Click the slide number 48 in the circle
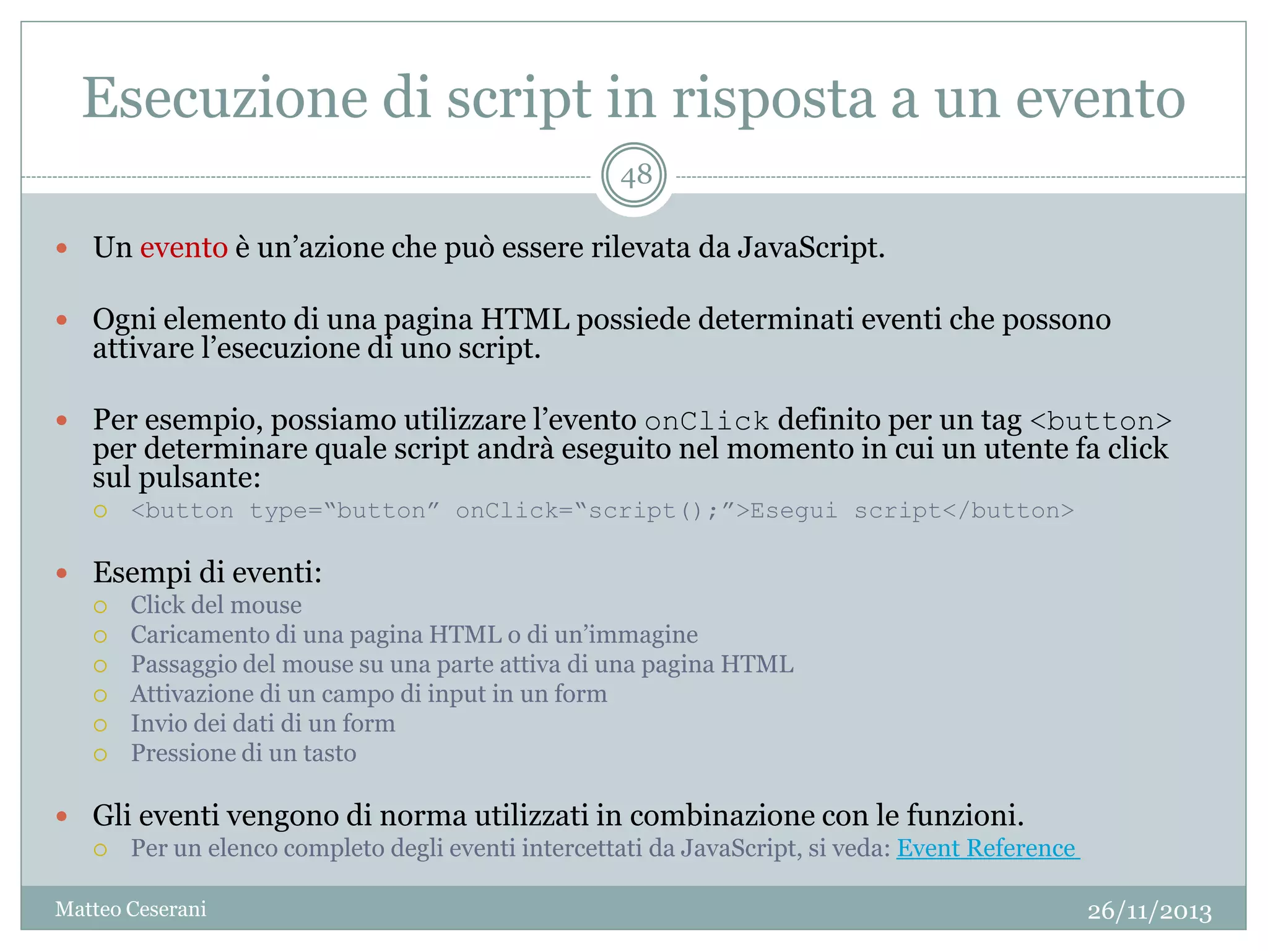point(635,176)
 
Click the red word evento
point(183,248)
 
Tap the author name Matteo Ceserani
point(131,909)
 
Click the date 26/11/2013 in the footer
point(1149,911)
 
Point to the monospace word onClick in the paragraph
point(706,422)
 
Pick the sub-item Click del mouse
point(216,605)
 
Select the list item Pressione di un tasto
point(243,753)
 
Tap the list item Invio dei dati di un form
point(263,724)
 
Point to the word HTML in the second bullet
point(524,320)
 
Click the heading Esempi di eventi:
point(207,572)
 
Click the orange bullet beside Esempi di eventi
point(61,573)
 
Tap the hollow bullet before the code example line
point(100,511)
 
